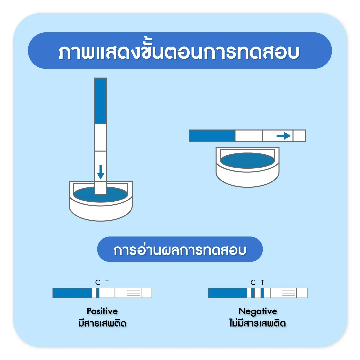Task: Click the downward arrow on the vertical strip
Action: tap(100, 171)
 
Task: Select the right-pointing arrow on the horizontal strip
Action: tap(284, 136)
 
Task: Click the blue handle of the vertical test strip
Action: tap(101, 101)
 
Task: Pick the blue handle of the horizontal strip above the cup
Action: tap(212, 136)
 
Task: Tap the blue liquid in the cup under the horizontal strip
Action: tap(247, 160)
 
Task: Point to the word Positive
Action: tap(102, 311)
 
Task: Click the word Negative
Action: tap(258, 311)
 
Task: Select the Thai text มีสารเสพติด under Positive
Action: tap(102, 323)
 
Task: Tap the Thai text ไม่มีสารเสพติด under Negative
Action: tap(258, 323)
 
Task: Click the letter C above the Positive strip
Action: tap(98, 283)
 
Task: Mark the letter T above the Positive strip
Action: tap(107, 283)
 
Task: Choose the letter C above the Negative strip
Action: tap(253, 283)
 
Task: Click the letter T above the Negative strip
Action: tap(262, 283)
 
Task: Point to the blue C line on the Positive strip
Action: tap(98, 293)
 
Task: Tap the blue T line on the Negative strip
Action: tap(262, 293)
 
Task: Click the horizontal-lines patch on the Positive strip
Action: tap(133, 293)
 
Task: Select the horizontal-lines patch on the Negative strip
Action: tap(289, 293)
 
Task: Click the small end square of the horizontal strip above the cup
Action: tap(299, 136)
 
